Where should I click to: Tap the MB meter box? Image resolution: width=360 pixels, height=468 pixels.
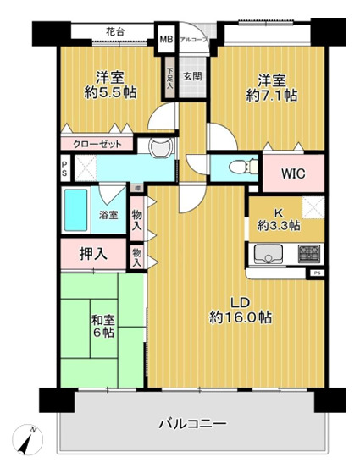(x=165, y=39)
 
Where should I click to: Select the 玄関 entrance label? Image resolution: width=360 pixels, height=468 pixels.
(x=192, y=76)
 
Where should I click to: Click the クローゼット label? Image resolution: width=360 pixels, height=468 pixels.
(x=97, y=144)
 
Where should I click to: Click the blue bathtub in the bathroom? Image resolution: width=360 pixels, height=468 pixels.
(x=76, y=212)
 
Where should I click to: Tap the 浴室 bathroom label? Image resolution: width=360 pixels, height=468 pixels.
(x=108, y=215)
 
